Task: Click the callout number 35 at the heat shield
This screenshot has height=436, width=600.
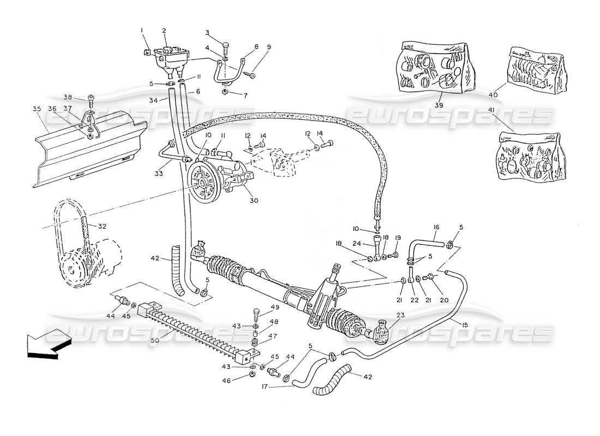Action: [x=37, y=108]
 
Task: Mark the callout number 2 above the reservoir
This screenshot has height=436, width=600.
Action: [x=164, y=31]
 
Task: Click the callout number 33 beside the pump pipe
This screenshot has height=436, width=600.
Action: [x=158, y=174]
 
